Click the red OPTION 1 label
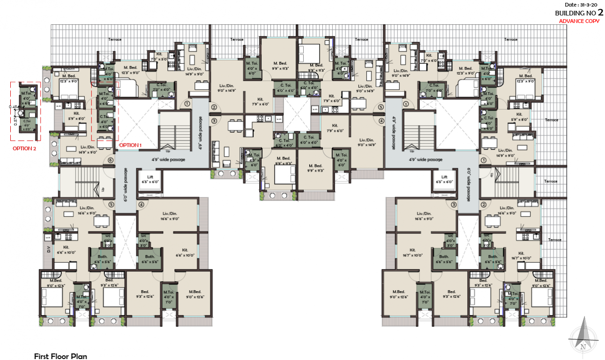pyautogui.click(x=131, y=145)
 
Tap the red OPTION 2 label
pyautogui.click(x=24, y=149)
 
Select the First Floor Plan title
pyautogui.click(x=60, y=356)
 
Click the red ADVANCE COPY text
pyautogui.click(x=579, y=21)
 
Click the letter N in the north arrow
pyautogui.click(x=583, y=347)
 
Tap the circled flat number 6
pyautogui.click(x=110, y=160)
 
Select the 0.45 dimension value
pyautogui.click(x=14, y=106)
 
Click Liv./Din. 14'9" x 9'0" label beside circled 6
pyautogui.click(x=75, y=150)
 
